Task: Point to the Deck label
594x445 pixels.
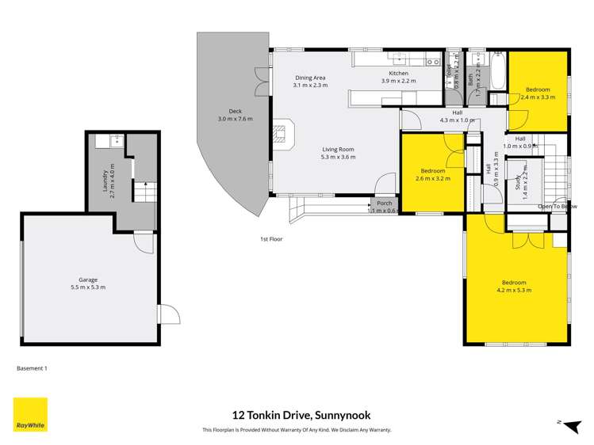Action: pos(235,115)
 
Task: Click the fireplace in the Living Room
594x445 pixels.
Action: pos(283,134)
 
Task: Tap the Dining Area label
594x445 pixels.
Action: pos(310,82)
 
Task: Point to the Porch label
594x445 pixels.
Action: pos(384,203)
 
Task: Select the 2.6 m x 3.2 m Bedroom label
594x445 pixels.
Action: pos(432,174)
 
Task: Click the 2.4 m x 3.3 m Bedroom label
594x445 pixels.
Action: pos(538,93)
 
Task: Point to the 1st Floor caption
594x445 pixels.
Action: pos(271,238)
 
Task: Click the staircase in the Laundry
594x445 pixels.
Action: pos(144,192)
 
